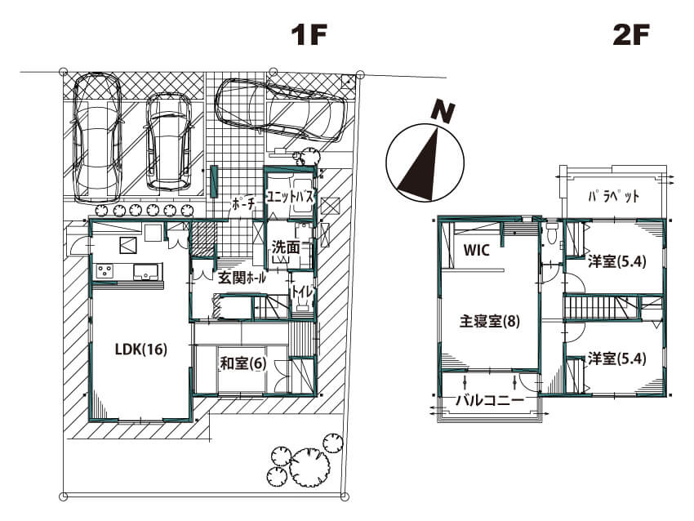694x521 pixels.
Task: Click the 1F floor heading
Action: (x=309, y=35)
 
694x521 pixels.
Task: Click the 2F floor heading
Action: (x=631, y=35)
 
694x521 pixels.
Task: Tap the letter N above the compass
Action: (x=443, y=112)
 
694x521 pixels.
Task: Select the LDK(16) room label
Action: (x=141, y=350)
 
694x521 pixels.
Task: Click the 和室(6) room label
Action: (x=243, y=363)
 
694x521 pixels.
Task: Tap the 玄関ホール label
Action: (x=242, y=278)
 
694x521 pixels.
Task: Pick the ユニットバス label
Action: (x=290, y=197)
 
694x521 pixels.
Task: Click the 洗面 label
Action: (x=286, y=247)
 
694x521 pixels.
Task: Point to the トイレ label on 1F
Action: (x=302, y=292)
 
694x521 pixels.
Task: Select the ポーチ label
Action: (x=243, y=204)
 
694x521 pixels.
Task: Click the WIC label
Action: (x=476, y=250)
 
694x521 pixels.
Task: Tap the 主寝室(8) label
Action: (x=490, y=321)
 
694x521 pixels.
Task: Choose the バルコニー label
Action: (x=490, y=401)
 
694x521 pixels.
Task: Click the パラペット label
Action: (x=613, y=196)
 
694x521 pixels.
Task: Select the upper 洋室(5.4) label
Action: (x=617, y=261)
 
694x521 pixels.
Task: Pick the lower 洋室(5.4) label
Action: (x=617, y=358)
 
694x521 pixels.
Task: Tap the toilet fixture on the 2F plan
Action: (x=551, y=233)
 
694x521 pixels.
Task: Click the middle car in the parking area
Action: (x=169, y=141)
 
